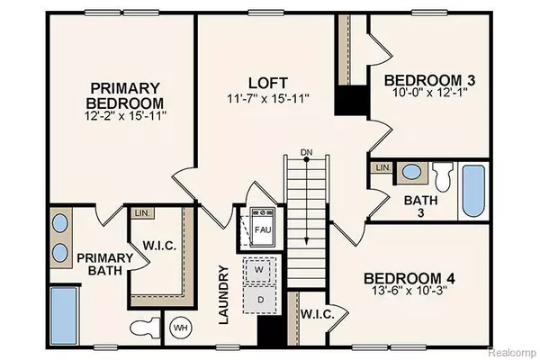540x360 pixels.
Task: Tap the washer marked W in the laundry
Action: click(260, 269)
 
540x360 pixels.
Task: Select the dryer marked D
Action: click(260, 298)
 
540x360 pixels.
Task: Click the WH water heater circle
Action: click(179, 326)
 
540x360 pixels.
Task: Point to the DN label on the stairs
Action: click(307, 152)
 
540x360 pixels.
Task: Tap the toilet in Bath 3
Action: click(442, 174)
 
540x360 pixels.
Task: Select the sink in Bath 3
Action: click(409, 172)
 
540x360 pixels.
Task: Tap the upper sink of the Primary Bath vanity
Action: click(60, 223)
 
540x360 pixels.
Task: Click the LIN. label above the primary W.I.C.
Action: click(142, 213)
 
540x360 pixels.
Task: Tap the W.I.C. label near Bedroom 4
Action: click(317, 315)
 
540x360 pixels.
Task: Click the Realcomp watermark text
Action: click(512, 351)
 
